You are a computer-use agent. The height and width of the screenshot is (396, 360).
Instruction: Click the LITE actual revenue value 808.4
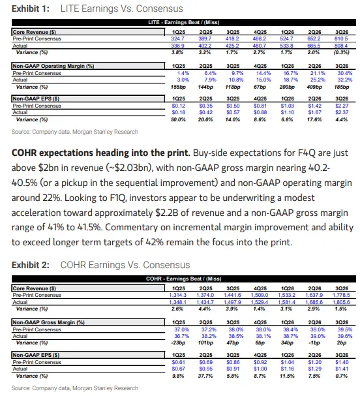click(x=341, y=46)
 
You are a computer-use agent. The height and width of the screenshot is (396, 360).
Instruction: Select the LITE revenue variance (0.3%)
click(x=341, y=52)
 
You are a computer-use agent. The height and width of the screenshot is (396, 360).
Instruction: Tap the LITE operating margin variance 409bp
click(x=314, y=87)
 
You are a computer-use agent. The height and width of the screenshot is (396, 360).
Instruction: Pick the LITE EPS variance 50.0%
click(x=178, y=119)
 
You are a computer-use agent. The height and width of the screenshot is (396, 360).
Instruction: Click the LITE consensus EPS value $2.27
click(x=342, y=106)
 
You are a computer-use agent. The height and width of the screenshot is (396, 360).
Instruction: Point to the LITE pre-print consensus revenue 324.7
click(x=178, y=38)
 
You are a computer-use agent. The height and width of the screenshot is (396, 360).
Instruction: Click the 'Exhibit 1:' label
click(x=31, y=8)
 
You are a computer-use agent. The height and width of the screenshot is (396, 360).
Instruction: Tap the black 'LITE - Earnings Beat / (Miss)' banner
click(x=184, y=22)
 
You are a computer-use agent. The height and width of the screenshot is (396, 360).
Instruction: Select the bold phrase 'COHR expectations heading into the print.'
click(x=100, y=153)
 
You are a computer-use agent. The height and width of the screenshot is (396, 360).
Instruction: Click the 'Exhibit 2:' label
click(x=31, y=265)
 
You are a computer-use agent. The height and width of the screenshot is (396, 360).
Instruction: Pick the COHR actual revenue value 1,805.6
click(x=341, y=302)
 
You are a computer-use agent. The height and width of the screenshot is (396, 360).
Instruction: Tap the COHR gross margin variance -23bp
click(x=178, y=343)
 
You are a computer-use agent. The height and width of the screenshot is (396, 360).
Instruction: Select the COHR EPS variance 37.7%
click(x=205, y=376)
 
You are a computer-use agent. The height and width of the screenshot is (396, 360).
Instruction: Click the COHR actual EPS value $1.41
click(x=342, y=369)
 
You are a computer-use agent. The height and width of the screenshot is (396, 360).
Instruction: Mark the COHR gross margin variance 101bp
click(x=205, y=343)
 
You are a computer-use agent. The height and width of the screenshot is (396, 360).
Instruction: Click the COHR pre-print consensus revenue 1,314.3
click(x=178, y=295)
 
